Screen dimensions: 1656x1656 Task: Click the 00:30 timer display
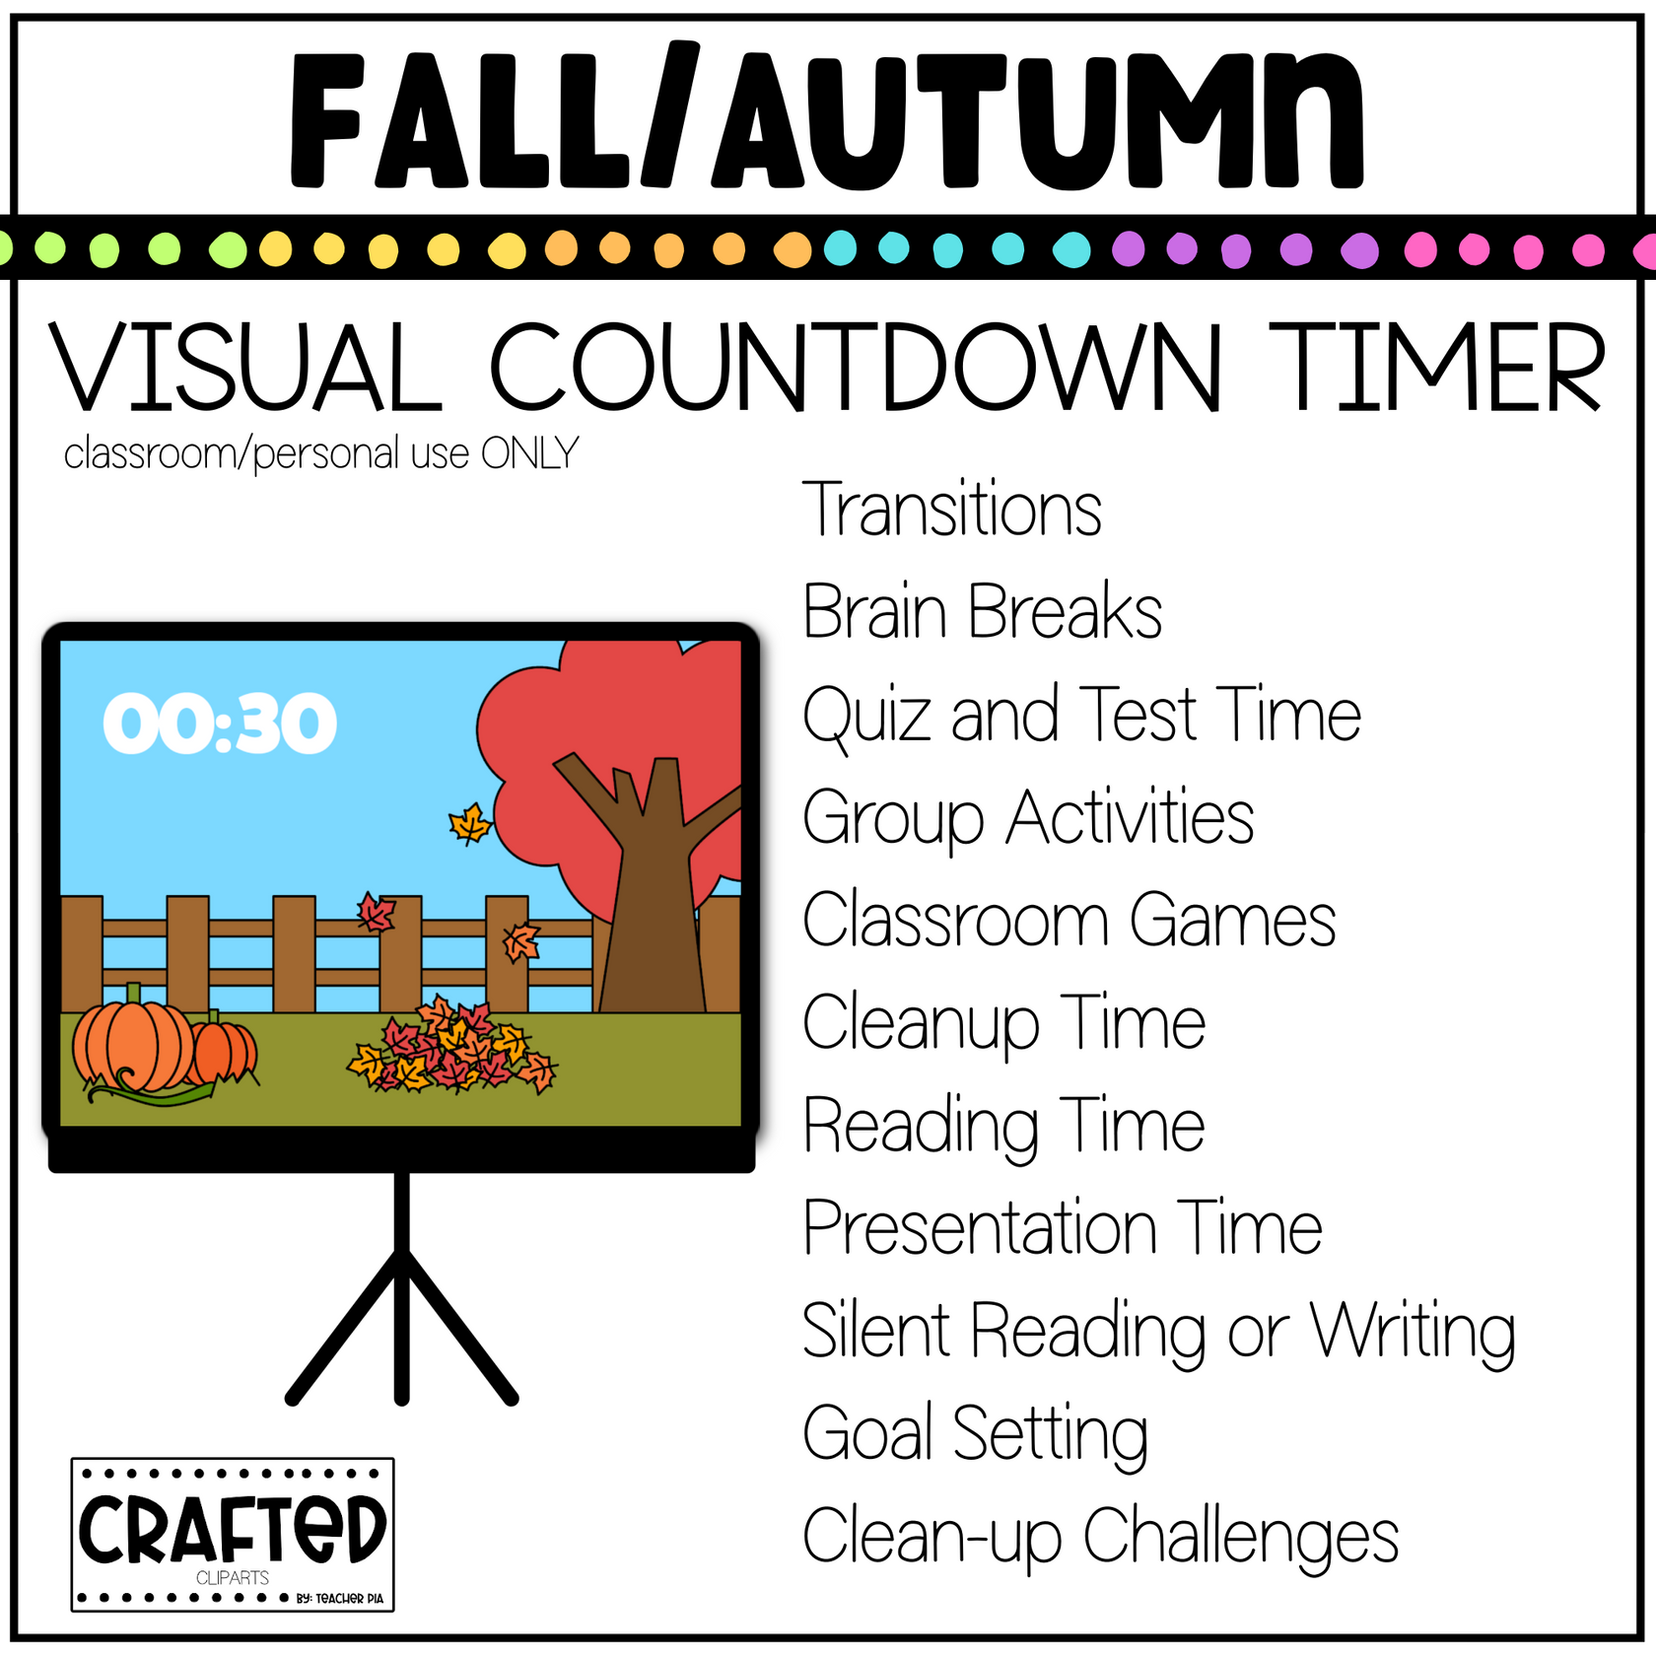point(220,724)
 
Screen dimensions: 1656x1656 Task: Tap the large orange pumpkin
point(133,1046)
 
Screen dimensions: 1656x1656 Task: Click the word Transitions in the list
point(951,510)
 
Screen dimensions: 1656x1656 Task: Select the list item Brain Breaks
point(982,612)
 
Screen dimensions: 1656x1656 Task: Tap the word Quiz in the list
point(866,716)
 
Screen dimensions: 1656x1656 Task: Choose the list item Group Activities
point(1027,818)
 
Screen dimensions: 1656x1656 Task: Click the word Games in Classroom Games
point(1232,921)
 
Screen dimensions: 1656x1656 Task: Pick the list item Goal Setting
point(975,1434)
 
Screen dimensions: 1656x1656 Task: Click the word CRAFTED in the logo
point(232,1529)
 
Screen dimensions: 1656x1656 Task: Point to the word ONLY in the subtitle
point(529,454)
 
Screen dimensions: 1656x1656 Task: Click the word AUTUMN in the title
point(1040,120)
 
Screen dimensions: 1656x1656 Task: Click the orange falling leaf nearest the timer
point(470,823)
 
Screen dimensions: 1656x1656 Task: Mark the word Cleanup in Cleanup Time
point(921,1024)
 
